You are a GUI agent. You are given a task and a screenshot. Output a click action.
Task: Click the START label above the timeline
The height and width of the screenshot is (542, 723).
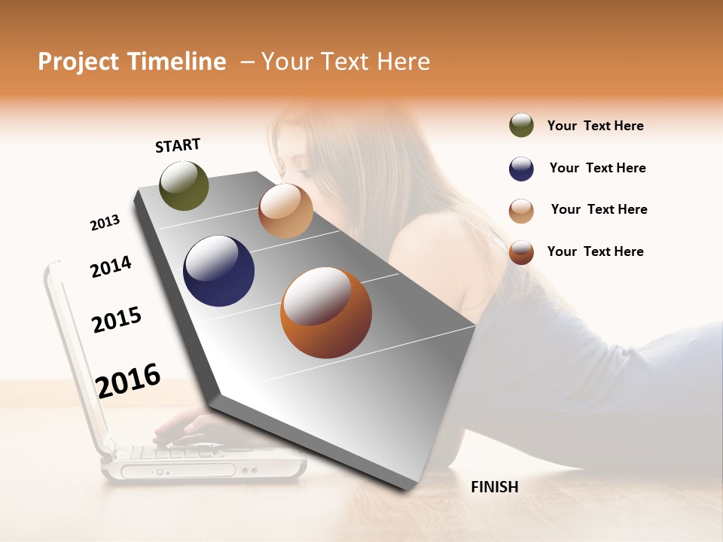point(178,145)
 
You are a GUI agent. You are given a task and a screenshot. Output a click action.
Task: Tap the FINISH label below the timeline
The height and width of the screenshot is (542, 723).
point(494,487)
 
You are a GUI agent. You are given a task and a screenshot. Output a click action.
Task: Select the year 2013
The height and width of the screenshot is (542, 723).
point(105,223)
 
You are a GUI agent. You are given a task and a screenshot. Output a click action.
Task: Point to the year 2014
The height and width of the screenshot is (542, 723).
point(111,266)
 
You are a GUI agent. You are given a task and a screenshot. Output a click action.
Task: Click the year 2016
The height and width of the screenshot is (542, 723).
point(128,380)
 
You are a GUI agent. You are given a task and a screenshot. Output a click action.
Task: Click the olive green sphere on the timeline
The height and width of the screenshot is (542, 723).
point(184,185)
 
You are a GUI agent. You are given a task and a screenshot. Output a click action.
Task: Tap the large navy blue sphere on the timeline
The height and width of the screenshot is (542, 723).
point(218,271)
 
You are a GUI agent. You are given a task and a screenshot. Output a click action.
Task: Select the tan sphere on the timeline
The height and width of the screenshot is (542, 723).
point(285,211)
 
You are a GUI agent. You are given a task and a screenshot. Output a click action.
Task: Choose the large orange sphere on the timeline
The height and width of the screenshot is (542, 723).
point(325,312)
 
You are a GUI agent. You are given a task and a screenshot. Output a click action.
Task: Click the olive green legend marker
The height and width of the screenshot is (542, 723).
point(521,125)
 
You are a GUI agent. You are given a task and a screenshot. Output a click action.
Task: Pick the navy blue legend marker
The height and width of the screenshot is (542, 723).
point(521,169)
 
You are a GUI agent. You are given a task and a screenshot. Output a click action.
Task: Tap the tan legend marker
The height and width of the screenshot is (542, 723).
point(521,211)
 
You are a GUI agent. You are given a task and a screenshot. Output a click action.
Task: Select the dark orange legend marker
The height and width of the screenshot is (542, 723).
point(521,252)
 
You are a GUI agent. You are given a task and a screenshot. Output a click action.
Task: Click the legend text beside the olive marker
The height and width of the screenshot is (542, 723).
point(595,126)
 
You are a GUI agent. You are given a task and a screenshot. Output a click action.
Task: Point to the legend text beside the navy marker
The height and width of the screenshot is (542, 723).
point(597,168)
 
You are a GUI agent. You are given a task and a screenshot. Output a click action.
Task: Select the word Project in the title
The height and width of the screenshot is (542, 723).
point(78,62)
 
